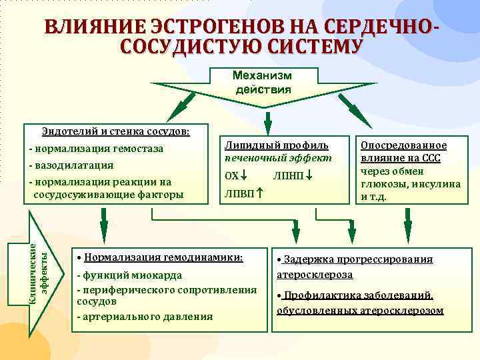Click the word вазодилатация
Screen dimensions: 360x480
[73, 165]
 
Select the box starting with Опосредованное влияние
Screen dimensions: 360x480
[410, 171]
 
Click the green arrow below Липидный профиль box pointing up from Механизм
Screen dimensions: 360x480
[268, 121]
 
